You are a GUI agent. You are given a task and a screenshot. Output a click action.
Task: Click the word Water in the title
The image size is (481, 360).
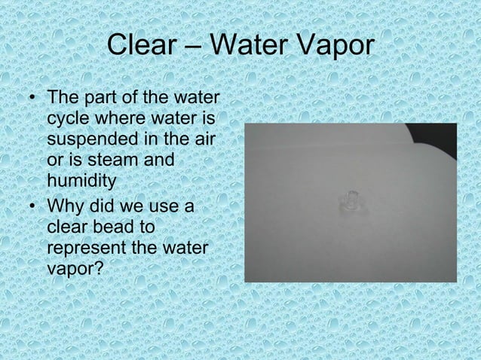coord(247,46)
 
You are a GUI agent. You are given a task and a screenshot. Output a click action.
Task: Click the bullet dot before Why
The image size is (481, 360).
coord(29,205)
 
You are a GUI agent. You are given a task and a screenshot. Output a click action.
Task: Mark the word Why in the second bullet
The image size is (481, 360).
coord(65,205)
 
